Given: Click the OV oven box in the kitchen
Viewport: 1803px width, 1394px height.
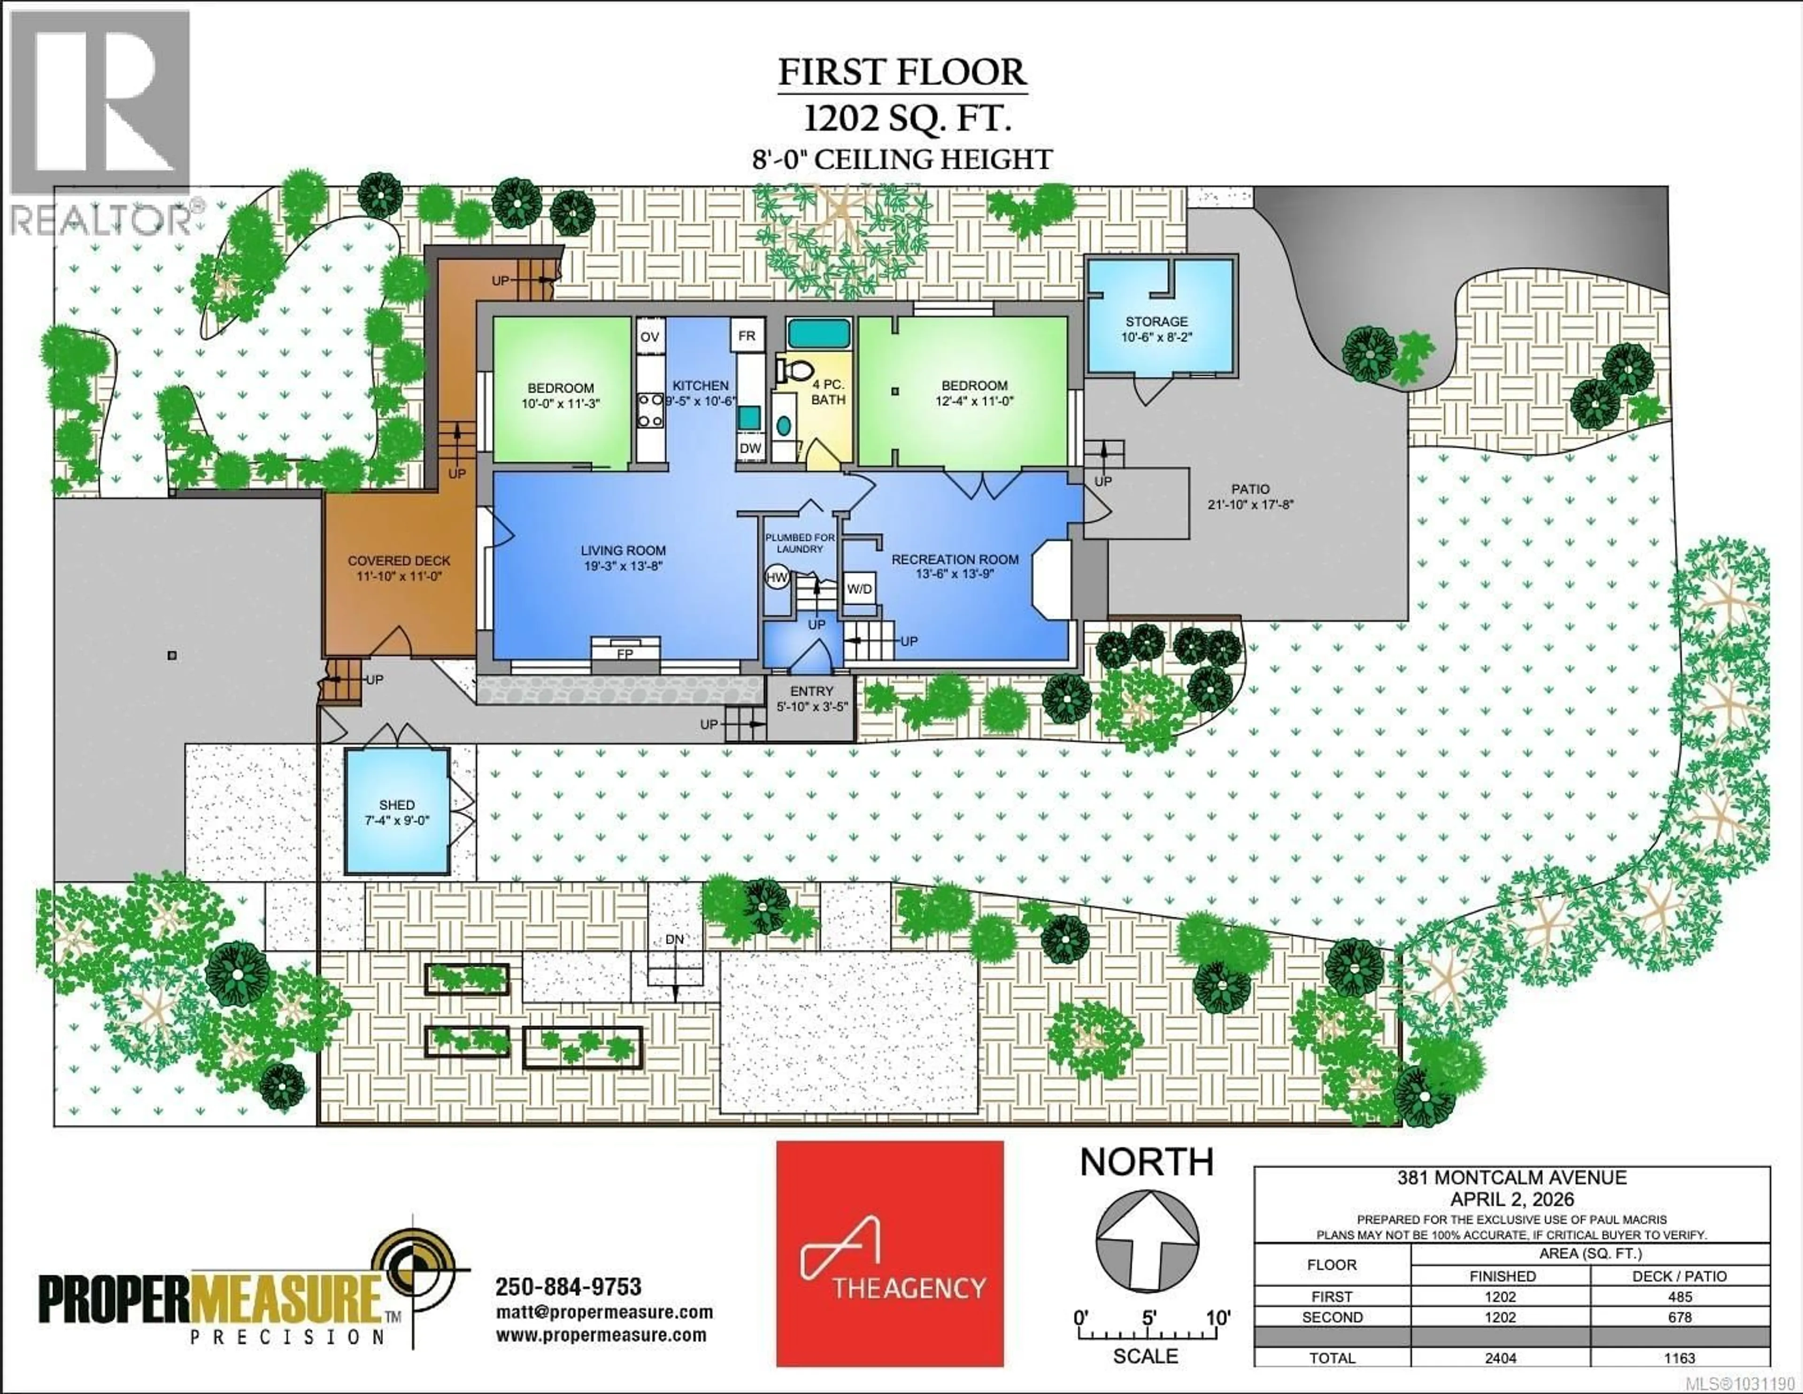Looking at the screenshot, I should [x=650, y=337].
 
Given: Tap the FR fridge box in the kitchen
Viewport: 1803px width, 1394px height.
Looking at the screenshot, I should [x=746, y=336].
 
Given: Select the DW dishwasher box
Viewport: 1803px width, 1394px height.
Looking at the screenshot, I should [x=749, y=448].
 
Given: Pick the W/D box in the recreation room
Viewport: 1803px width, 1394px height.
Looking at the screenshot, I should [x=859, y=588].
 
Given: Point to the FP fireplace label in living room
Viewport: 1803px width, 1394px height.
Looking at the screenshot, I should [x=625, y=654].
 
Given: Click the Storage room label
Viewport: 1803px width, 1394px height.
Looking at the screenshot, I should [x=1156, y=322].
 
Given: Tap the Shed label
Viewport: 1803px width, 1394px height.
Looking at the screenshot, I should [x=397, y=805].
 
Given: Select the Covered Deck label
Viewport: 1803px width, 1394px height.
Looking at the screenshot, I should [x=399, y=561].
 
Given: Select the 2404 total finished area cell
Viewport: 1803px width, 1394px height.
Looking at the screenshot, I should [x=1500, y=1358].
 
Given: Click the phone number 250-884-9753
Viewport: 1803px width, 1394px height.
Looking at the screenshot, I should [x=568, y=1286].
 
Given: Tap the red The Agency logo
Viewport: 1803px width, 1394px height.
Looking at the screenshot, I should [x=889, y=1254].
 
